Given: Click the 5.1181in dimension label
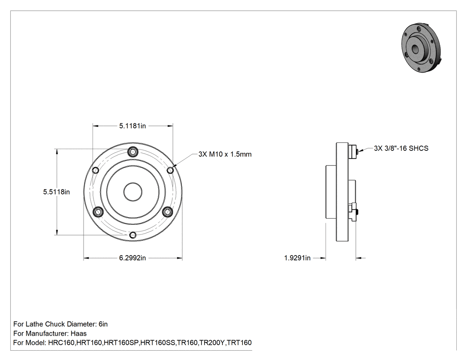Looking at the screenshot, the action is [133, 126].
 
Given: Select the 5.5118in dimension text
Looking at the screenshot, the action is [56, 192].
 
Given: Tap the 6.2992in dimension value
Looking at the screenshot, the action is [133, 258].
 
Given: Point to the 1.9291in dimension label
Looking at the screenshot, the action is [297, 258].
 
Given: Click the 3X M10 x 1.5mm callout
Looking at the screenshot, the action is [225, 154].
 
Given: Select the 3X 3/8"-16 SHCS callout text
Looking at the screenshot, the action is [401, 148].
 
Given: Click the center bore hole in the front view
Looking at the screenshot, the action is [133, 192].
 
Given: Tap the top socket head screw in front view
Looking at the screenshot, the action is [133, 152].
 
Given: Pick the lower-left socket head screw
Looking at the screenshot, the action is [98, 212].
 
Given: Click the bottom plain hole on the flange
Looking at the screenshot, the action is [133, 235].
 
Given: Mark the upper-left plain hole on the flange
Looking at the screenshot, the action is [96, 170].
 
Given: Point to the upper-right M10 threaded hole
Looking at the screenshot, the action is [170, 170].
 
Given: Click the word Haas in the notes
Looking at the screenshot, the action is [79, 333].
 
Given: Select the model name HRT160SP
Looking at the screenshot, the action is [121, 342].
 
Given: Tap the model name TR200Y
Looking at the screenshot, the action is [212, 342].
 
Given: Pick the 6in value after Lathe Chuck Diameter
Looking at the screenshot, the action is [103, 324].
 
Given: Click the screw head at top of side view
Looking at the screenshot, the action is [353, 151].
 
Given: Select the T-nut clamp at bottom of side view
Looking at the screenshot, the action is [354, 212].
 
